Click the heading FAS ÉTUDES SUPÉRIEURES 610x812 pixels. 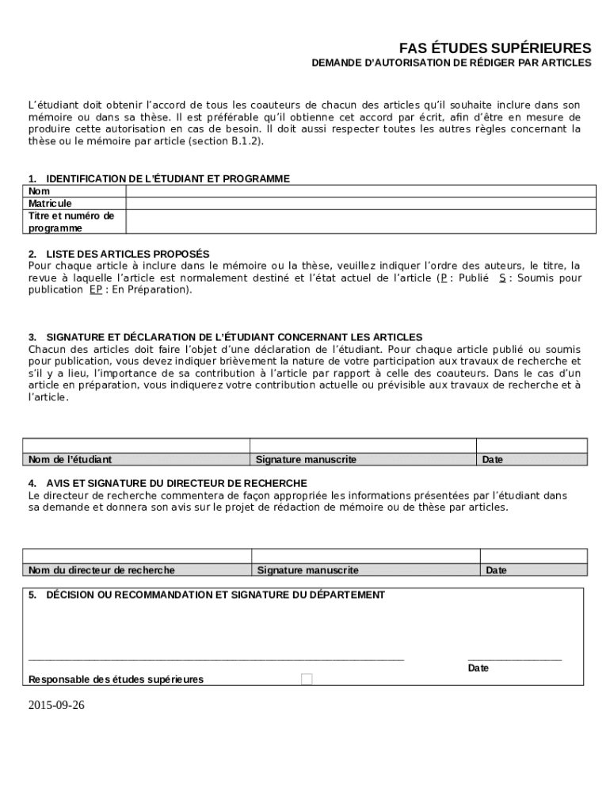(x=494, y=47)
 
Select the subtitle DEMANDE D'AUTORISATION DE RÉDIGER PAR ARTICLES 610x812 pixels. (x=451, y=62)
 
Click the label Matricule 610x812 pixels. (x=50, y=204)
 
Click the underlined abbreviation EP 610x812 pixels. (x=95, y=289)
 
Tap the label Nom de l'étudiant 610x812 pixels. (x=70, y=459)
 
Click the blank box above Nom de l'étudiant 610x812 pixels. (x=136, y=445)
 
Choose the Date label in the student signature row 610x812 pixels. (x=492, y=459)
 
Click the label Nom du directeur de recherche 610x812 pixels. (x=101, y=569)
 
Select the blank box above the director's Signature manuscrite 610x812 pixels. (x=365, y=555)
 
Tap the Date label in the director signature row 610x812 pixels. (x=496, y=569)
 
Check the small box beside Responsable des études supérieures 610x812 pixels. (x=307, y=679)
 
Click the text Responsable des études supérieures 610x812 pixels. (x=116, y=679)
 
